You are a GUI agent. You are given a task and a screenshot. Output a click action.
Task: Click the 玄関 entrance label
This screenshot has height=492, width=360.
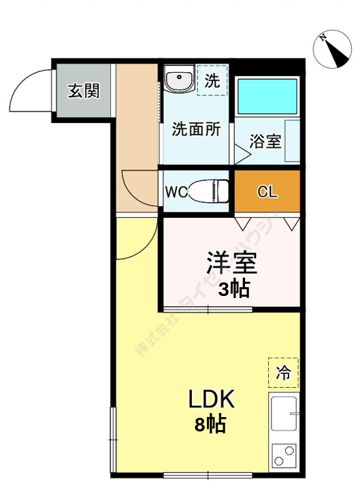tap(84, 91)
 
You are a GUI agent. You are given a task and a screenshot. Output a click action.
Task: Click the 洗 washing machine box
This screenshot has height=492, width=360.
tap(212, 80)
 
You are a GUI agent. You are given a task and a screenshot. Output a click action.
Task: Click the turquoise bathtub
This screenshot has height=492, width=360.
tap(267, 96)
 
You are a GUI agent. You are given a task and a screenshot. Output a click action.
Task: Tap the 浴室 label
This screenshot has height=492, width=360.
tap(265, 142)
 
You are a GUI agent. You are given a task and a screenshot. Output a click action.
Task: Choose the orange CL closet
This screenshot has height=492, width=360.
tap(267, 191)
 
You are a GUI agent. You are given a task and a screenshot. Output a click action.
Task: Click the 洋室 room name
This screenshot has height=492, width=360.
tap(231, 262)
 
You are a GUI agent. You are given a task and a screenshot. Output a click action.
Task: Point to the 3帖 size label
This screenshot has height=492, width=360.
tap(233, 290)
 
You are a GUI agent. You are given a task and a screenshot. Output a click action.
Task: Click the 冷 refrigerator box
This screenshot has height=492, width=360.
tap(283, 372)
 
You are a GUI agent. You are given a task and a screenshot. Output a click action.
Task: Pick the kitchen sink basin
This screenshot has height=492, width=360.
tap(284, 414)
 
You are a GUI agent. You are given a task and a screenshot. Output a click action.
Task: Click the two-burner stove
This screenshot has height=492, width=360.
tap(284, 455)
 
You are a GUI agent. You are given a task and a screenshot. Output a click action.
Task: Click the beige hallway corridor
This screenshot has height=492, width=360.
tap(136, 136)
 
